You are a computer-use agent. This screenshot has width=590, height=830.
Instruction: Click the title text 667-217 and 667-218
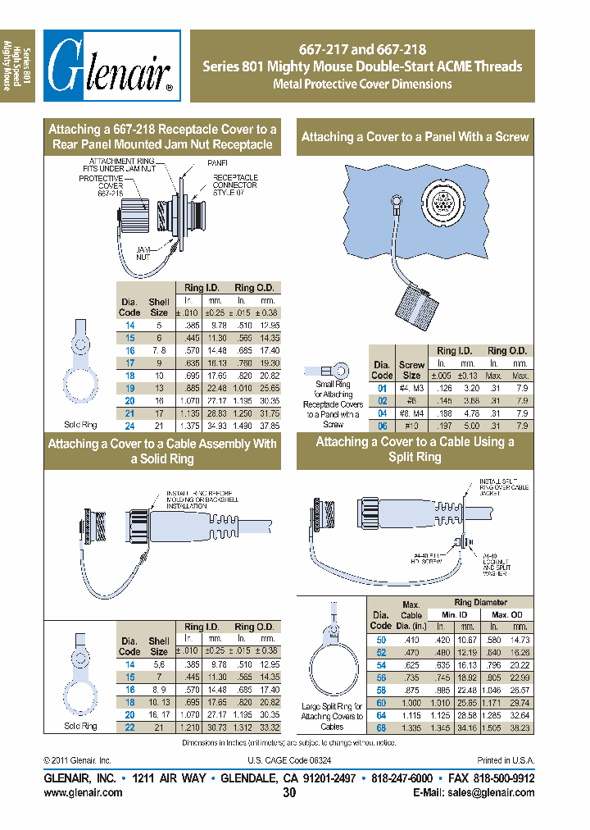pyautogui.click(x=361, y=49)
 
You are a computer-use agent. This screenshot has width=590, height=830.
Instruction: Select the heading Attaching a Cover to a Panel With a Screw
pyautogui.click(x=415, y=137)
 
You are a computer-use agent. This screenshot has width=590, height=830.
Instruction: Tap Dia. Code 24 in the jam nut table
pyautogui.click(x=129, y=426)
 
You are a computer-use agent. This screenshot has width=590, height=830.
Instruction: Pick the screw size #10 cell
pyautogui.click(x=411, y=426)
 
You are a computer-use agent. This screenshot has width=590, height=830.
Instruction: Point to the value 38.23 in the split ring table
pyautogui.click(x=520, y=727)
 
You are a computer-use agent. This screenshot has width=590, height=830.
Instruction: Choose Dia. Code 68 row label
pyautogui.click(x=380, y=727)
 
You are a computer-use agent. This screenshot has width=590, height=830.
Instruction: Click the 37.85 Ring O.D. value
pyautogui.click(x=268, y=426)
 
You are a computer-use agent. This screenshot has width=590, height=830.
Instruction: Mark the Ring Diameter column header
pyautogui.click(x=480, y=602)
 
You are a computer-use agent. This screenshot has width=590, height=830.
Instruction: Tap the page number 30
pyautogui.click(x=289, y=793)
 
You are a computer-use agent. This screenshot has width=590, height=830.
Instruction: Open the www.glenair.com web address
pyautogui.click(x=83, y=793)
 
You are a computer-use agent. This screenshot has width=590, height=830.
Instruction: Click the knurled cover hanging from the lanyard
pyautogui.click(x=419, y=306)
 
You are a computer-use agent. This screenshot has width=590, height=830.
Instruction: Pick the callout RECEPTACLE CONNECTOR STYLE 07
pyautogui.click(x=235, y=185)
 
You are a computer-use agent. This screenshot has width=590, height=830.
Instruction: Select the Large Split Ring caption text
pyautogui.click(x=332, y=716)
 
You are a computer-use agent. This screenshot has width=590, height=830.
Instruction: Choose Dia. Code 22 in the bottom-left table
pyautogui.click(x=129, y=727)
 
